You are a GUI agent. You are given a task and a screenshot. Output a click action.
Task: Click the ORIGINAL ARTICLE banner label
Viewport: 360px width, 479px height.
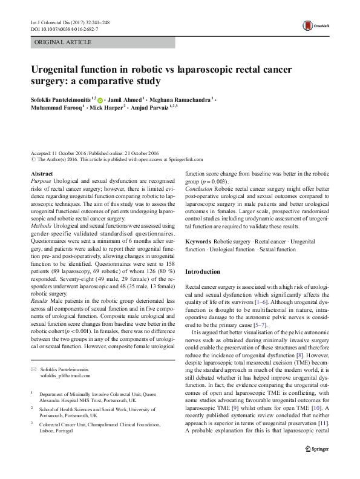click(x=64, y=42)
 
